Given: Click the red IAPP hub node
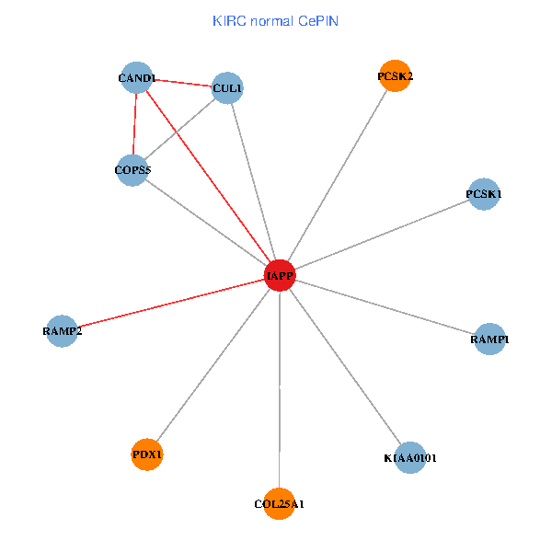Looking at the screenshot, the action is click(280, 275).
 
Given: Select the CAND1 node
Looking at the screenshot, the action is click(138, 78).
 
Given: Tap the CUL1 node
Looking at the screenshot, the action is click(227, 88).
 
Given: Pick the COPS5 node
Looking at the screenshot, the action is click(132, 170).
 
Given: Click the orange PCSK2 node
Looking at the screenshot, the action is click(396, 76).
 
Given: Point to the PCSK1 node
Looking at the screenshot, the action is click(484, 194).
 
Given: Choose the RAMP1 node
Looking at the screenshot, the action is click(489, 339).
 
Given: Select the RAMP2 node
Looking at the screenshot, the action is click(62, 330).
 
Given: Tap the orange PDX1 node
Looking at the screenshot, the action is click(147, 454).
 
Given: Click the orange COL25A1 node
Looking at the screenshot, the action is click(279, 503).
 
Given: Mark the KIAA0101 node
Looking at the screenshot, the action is click(410, 457).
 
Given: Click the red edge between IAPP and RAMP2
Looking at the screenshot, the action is click(170, 303).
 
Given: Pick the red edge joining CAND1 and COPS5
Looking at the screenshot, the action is click(135, 124).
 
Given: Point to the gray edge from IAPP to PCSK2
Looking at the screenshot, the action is click(338, 176).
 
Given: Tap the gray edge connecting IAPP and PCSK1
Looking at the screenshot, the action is click(382, 235).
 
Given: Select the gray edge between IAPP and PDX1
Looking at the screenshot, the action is click(213, 364).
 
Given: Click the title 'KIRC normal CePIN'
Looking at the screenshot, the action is click(276, 20).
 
